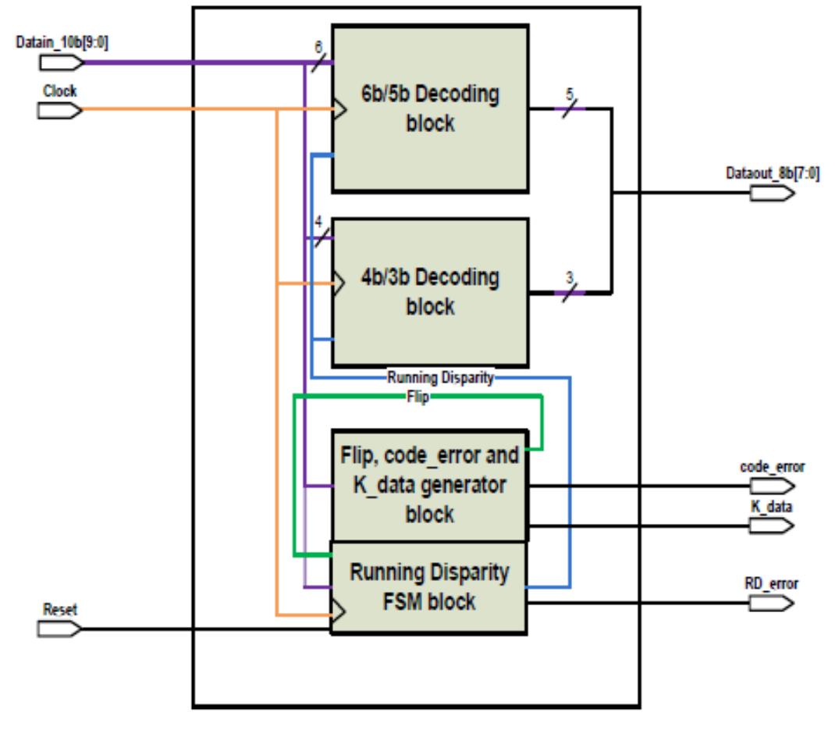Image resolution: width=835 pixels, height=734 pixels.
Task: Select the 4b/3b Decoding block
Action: [430, 291]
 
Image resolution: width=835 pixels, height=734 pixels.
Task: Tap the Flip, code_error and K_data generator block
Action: [430, 484]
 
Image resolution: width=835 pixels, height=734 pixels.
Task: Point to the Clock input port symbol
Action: [59, 110]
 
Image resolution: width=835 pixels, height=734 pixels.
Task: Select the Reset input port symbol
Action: [59, 629]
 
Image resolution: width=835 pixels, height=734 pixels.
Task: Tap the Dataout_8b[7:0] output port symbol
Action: [772, 192]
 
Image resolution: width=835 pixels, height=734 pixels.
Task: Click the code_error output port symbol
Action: [772, 486]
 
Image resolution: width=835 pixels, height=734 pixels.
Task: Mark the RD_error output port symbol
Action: [772, 603]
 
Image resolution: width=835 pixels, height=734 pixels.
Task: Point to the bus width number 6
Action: [318, 48]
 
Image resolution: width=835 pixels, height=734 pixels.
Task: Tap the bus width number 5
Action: [569, 95]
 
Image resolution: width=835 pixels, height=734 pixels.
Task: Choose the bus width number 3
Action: [569, 279]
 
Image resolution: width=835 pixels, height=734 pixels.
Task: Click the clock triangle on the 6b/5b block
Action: [339, 110]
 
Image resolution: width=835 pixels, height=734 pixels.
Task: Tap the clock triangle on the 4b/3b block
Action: [339, 284]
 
